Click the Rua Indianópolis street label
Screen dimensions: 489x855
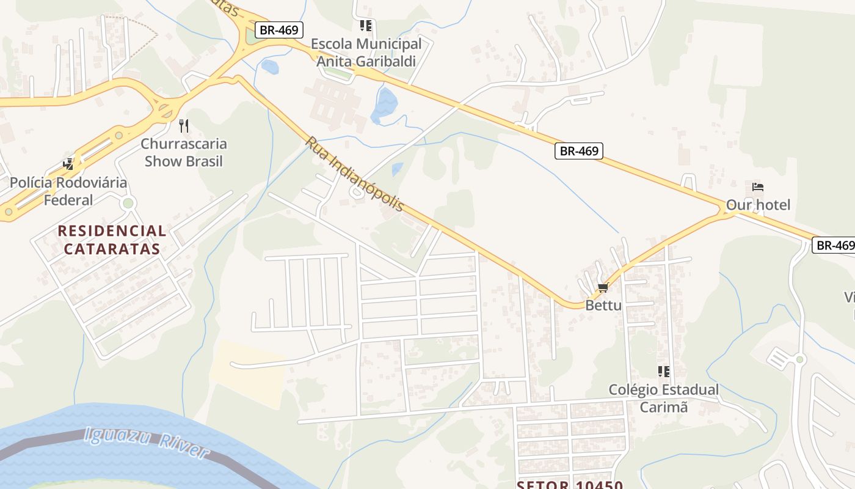pos(355,174)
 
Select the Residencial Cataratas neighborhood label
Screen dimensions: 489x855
pos(112,240)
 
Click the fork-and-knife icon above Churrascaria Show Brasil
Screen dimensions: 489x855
pos(184,126)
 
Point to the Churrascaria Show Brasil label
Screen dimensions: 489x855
pos(184,153)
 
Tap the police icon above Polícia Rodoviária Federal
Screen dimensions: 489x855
pos(68,164)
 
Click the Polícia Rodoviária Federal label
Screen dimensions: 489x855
pos(68,191)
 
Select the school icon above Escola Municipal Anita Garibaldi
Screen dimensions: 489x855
pos(366,26)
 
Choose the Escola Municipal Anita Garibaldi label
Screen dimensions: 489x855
pos(366,53)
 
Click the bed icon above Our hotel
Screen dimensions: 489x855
pos(758,187)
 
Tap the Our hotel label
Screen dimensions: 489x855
pos(758,205)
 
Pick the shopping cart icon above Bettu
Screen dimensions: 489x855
pos(603,287)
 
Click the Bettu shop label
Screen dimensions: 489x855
pos(603,305)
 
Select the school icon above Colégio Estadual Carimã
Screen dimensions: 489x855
pos(664,371)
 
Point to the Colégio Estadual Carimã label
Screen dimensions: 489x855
pos(664,398)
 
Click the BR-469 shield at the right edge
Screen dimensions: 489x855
pos(834,245)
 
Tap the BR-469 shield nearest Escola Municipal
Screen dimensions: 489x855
pos(279,30)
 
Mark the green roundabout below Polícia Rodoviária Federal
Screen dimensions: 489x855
pos(128,203)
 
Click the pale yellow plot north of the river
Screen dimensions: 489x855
pos(247,373)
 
